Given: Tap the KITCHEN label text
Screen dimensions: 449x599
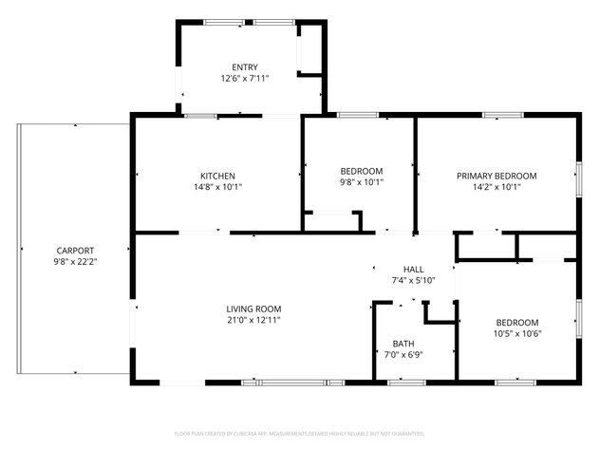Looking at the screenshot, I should click(217, 176).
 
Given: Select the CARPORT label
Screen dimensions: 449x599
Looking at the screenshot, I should click(74, 250).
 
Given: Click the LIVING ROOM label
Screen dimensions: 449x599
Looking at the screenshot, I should click(253, 309).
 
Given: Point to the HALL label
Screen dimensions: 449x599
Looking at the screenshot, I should click(414, 270).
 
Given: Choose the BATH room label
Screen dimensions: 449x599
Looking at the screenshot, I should click(403, 344).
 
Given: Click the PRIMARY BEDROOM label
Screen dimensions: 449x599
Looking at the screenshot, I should click(496, 176).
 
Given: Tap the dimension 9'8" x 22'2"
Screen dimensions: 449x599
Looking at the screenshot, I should click(74, 261).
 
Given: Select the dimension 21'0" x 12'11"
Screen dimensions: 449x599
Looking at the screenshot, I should click(253, 320).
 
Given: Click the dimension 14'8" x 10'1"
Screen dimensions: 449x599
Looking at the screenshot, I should click(217, 187).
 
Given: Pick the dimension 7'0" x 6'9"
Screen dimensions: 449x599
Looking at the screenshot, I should click(403, 355).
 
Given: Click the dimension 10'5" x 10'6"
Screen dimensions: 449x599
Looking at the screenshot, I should click(516, 333).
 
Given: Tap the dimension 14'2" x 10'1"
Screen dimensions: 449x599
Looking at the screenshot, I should click(496, 187).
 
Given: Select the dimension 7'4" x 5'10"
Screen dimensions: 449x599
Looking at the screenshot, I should click(414, 281).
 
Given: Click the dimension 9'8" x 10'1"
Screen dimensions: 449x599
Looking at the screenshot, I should click(361, 182).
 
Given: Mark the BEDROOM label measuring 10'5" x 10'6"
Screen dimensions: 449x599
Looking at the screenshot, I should click(516, 322).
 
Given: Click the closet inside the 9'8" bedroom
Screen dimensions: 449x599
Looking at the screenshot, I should click(332, 222).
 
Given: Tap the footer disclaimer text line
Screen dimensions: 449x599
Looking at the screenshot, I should click(300, 432).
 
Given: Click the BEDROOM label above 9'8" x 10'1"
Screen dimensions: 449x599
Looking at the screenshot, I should click(361, 171).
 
